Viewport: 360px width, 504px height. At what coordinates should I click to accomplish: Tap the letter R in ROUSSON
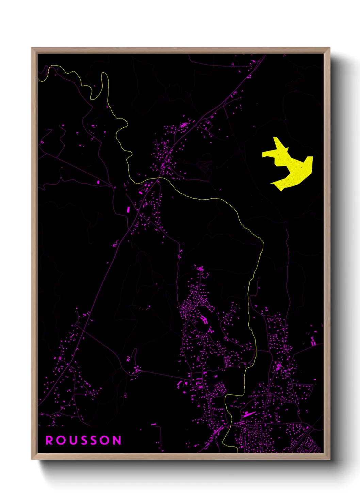(x=49, y=440)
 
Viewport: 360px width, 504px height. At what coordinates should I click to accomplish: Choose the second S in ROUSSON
(x=95, y=440)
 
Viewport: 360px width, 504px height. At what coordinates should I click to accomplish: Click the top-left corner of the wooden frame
(x=32, y=48)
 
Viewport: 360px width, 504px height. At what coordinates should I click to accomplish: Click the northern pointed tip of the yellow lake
(x=275, y=138)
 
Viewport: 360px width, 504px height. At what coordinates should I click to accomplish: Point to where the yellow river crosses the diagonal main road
(x=159, y=178)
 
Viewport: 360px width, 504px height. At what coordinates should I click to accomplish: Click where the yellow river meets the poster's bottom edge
(x=238, y=452)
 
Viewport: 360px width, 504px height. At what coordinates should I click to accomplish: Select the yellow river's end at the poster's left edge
(x=38, y=79)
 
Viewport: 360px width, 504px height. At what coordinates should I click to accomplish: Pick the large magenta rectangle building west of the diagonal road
(x=129, y=209)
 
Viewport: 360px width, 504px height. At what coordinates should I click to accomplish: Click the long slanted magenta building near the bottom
(x=249, y=414)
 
